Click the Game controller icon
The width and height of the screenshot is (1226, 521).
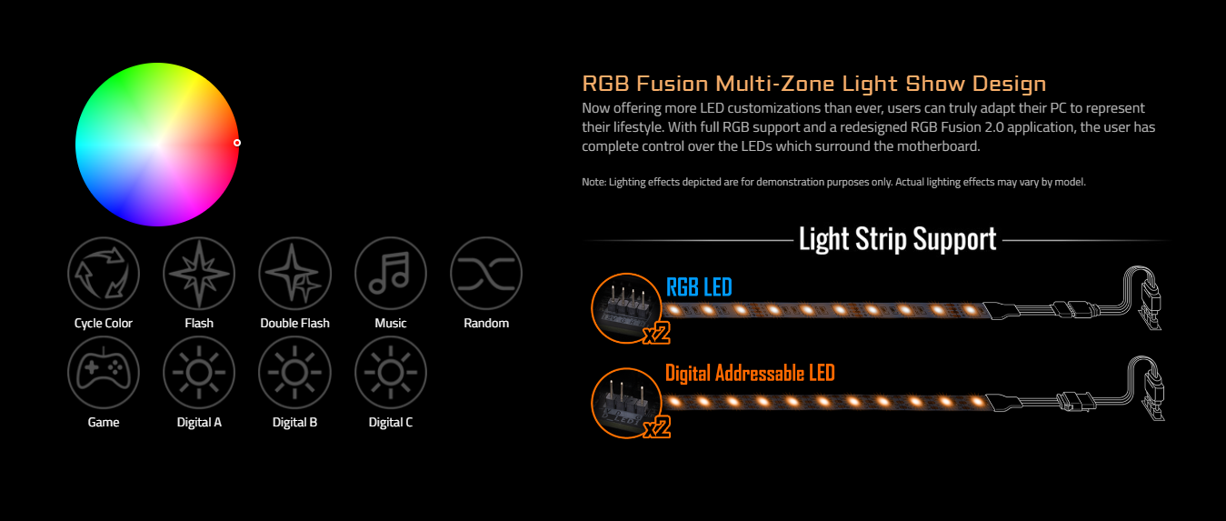(104, 373)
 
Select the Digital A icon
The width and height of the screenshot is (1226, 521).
(199, 373)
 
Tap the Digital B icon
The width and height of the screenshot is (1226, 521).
(294, 373)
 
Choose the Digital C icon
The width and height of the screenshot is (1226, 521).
(391, 373)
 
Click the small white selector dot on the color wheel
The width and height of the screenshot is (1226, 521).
(237, 143)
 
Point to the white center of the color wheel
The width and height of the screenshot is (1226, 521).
(157, 144)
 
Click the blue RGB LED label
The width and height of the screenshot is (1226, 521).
(699, 288)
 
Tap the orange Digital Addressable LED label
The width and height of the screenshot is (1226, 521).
(750, 373)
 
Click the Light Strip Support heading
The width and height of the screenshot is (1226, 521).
(897, 239)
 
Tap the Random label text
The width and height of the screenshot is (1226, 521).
(486, 324)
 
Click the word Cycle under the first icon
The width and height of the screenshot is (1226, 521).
(89, 324)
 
